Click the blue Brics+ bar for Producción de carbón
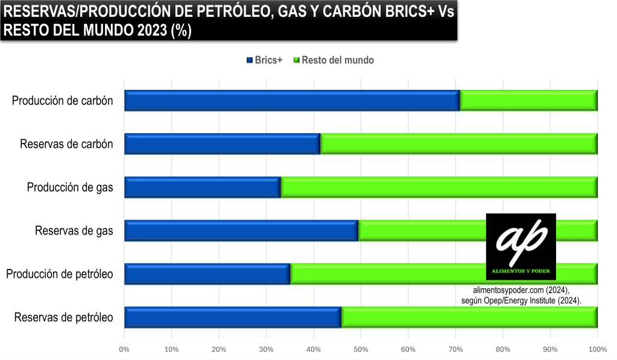click(x=292, y=101)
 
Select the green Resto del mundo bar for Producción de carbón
click(x=528, y=101)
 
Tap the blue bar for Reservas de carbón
click(x=222, y=144)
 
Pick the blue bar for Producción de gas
click(x=202, y=188)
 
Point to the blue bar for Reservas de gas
click(x=241, y=231)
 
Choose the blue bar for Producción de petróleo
click(x=207, y=274)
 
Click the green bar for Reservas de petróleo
click(x=469, y=317)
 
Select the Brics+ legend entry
click(x=265, y=60)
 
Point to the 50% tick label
click(x=361, y=350)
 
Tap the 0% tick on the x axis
click(x=124, y=350)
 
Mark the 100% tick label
click(x=597, y=350)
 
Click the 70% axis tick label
click(x=455, y=350)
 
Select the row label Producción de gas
click(x=70, y=188)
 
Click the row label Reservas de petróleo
click(x=64, y=317)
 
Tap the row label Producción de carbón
click(x=63, y=101)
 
